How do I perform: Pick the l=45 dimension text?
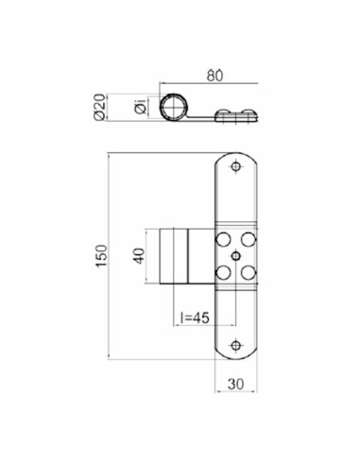[x=195, y=319]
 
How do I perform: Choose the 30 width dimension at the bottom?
[x=235, y=385]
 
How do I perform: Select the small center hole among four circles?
[x=235, y=255]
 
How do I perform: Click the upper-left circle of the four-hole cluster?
[x=224, y=238]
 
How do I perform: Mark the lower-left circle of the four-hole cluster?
[x=224, y=272]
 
